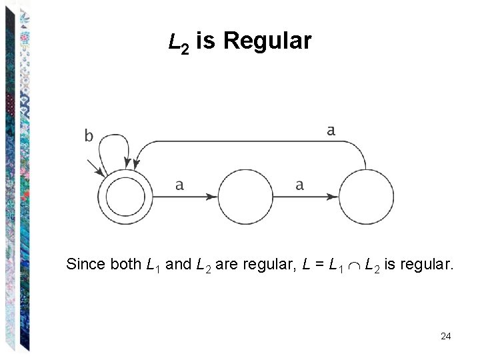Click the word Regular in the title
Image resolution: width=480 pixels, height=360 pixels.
point(267,41)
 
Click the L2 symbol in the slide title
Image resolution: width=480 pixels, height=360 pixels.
point(178,43)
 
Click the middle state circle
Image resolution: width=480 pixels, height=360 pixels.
point(246,197)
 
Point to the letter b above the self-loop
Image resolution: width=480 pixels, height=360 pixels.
point(89,136)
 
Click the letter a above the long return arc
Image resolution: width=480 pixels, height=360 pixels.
point(331,131)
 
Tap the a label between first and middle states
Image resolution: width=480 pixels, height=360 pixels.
point(179,185)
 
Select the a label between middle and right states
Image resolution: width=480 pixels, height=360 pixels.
point(299,185)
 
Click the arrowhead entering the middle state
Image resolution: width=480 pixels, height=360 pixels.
point(211,197)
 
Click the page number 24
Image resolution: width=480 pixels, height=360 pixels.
point(446,336)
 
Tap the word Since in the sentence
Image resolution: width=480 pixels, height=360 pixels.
point(85,264)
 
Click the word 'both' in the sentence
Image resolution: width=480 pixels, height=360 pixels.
point(125,264)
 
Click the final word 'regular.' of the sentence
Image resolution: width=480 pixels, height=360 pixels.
point(425,264)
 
